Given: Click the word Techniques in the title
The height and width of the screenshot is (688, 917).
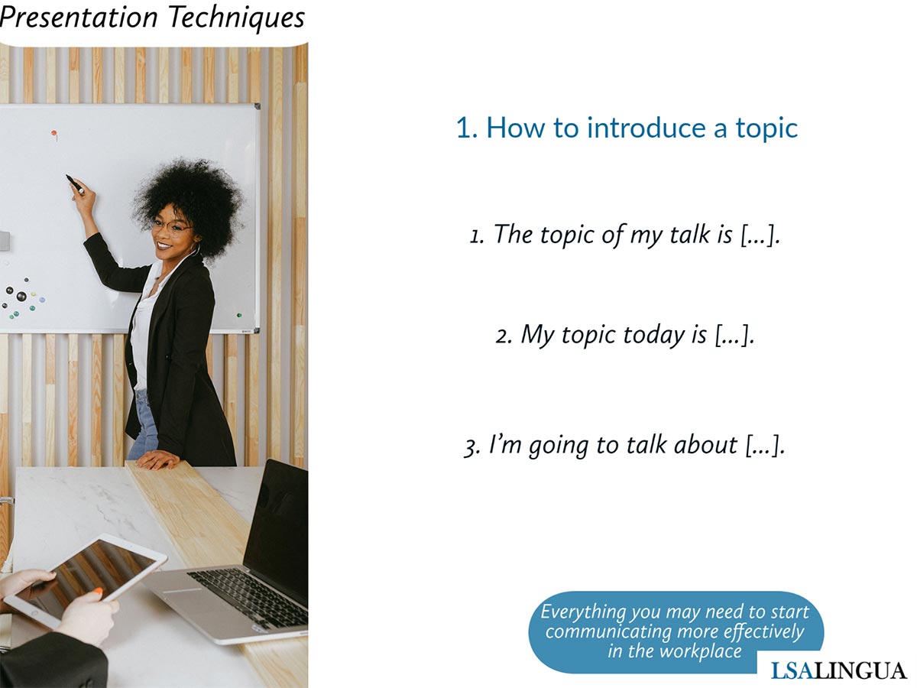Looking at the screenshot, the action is pos(237,18).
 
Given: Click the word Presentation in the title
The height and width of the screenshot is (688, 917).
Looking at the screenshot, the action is pos(79,18).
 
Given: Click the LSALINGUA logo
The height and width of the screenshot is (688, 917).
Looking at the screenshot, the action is pos(838,671).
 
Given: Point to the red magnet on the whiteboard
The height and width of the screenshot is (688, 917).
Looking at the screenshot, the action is pos(54,133).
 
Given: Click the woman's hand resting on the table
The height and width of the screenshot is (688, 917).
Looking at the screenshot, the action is pos(158,459).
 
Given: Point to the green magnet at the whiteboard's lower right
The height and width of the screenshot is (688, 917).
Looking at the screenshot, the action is pos(239,315).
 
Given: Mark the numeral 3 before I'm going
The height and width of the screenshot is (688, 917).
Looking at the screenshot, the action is pos(471,447).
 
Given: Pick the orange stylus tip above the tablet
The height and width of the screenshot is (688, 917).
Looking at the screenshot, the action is pos(98,592).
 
